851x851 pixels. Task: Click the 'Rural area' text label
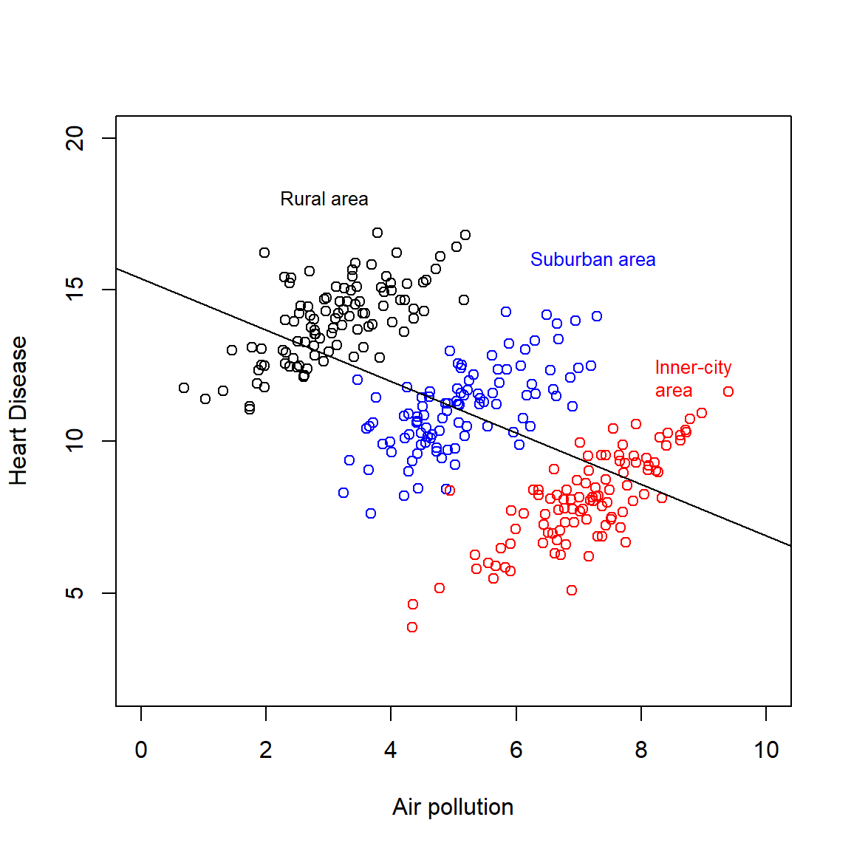[x=324, y=199]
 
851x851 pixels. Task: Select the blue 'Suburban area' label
[x=592, y=259]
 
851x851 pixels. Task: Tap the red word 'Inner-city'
[x=693, y=367]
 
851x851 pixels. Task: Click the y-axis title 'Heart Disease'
[x=18, y=411]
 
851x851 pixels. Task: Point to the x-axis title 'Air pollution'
[x=453, y=807]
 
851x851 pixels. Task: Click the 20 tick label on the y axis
[x=75, y=138]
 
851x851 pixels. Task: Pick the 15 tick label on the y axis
[x=75, y=290]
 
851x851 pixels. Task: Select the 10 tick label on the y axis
[x=75, y=441]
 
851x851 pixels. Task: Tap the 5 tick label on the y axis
[x=75, y=593]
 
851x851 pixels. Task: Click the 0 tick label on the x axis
[x=141, y=750]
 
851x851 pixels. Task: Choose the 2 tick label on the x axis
[x=266, y=750]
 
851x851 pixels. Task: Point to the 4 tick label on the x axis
[x=391, y=750]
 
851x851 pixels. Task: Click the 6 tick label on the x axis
[x=516, y=750]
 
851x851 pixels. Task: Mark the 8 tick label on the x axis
[x=641, y=750]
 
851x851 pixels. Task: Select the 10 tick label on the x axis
[x=766, y=750]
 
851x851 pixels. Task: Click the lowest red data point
[x=412, y=627]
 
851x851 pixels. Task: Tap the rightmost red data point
[x=728, y=392]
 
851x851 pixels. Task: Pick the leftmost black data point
[x=184, y=388]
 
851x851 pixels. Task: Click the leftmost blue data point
[x=344, y=493]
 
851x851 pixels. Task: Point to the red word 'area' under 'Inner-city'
[x=674, y=391]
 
